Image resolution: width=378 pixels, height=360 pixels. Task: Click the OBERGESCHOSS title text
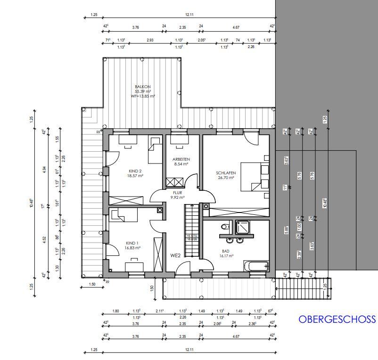pos(337,319)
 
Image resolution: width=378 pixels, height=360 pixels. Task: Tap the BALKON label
pos(143,87)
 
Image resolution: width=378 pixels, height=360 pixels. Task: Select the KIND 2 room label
pos(135,171)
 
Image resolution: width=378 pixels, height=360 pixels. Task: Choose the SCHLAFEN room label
pos(227,173)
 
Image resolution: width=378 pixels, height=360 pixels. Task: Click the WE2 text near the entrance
pos(176,255)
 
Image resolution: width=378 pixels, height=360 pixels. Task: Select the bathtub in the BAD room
pos(256,266)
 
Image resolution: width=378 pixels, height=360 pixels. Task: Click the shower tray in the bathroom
pos(244,227)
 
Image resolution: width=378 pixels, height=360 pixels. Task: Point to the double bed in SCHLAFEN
pos(255,177)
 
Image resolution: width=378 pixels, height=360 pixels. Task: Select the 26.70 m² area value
pos(227,178)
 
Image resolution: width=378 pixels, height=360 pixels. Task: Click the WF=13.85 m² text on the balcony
pos(143,96)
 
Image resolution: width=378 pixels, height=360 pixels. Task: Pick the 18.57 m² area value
pos(135,176)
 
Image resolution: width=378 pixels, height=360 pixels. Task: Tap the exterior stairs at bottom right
pos(303,288)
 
